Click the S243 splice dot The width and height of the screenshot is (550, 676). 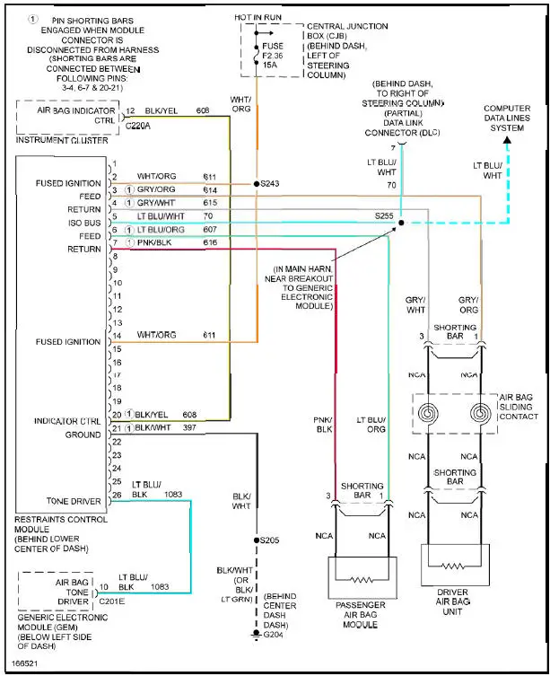tap(257, 183)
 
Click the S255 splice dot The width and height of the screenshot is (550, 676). tap(400, 223)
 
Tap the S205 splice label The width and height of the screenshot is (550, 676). tap(269, 540)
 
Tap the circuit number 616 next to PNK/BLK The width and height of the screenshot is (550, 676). tap(211, 242)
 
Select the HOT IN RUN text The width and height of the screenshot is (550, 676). tap(260, 18)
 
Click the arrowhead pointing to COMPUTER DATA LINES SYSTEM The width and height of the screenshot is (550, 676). tap(507, 139)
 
